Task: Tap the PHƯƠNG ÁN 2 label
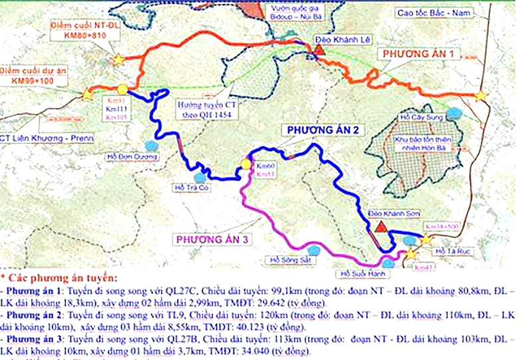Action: [323, 130]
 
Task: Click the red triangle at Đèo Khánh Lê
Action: [320, 49]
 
